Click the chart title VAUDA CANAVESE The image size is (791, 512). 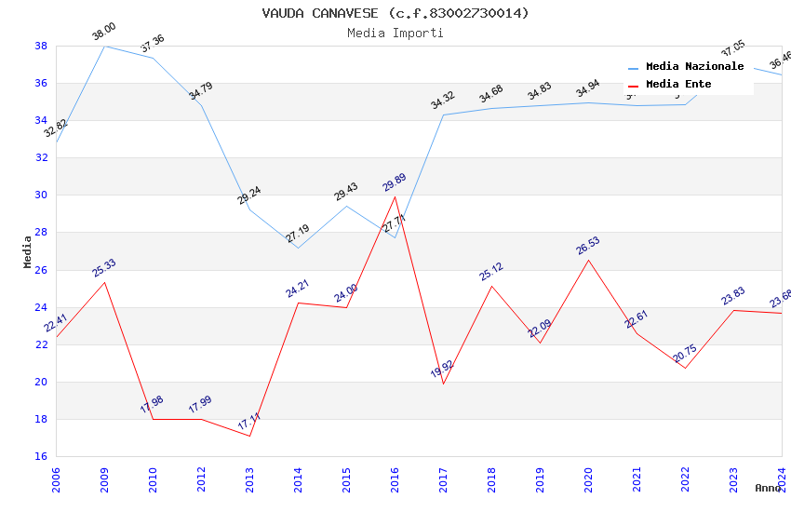tap(395, 13)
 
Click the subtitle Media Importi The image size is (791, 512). tap(395, 33)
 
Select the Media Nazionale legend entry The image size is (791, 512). tap(694, 67)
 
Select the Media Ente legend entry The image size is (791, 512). tap(678, 84)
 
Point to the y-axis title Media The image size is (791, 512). tap(28, 251)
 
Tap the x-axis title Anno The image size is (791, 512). tap(768, 488)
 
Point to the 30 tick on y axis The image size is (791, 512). tap(41, 195)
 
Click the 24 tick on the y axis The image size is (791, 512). tap(41, 307)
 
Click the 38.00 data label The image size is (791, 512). tap(103, 34)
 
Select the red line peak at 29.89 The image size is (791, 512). tap(395, 196)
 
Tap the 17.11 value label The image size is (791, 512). tap(249, 422)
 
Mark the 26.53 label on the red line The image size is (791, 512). tap(588, 246)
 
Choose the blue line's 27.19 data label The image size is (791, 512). tap(298, 234)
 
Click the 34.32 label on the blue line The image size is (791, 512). tap(443, 101)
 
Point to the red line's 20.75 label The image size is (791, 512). tap(685, 354)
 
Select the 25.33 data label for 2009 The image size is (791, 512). tap(104, 268)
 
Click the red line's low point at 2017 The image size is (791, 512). tap(443, 384)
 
